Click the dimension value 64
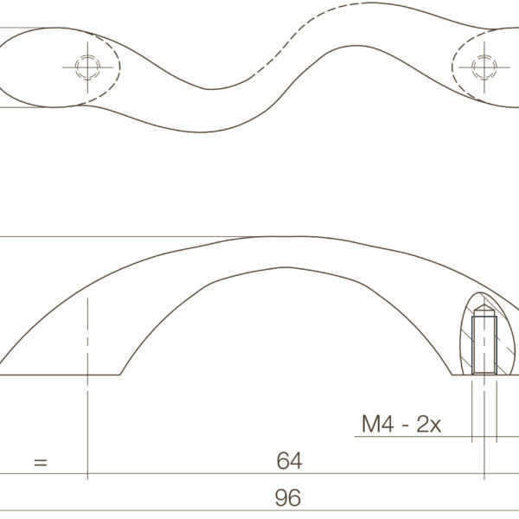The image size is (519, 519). (x=289, y=461)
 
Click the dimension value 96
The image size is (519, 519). (x=288, y=497)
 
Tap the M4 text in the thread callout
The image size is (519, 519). (x=378, y=424)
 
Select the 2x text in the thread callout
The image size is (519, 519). (x=429, y=424)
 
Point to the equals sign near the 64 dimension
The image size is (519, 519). (x=41, y=463)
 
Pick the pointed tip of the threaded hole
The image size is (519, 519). (x=484, y=304)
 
